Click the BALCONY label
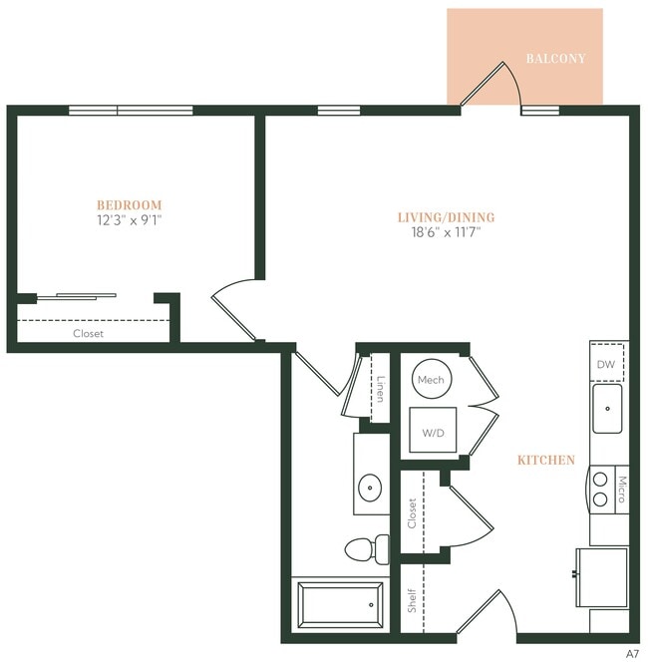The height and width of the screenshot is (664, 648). click(555, 59)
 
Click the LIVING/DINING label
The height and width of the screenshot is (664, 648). click(446, 217)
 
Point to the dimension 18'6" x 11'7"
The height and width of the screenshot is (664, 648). click(446, 232)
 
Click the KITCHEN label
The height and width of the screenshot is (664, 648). click(545, 461)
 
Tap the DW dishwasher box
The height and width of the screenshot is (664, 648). click(606, 365)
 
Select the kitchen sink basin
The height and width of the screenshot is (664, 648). click(607, 408)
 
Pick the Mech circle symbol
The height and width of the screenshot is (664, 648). click(431, 379)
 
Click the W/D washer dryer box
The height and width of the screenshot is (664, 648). click(434, 432)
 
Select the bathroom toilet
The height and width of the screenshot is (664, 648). click(366, 548)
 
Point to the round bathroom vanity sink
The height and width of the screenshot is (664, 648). click(371, 489)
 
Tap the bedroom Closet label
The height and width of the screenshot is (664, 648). click(88, 334)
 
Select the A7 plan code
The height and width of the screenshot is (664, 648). click(632, 654)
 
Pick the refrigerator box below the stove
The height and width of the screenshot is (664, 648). click(601, 576)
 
